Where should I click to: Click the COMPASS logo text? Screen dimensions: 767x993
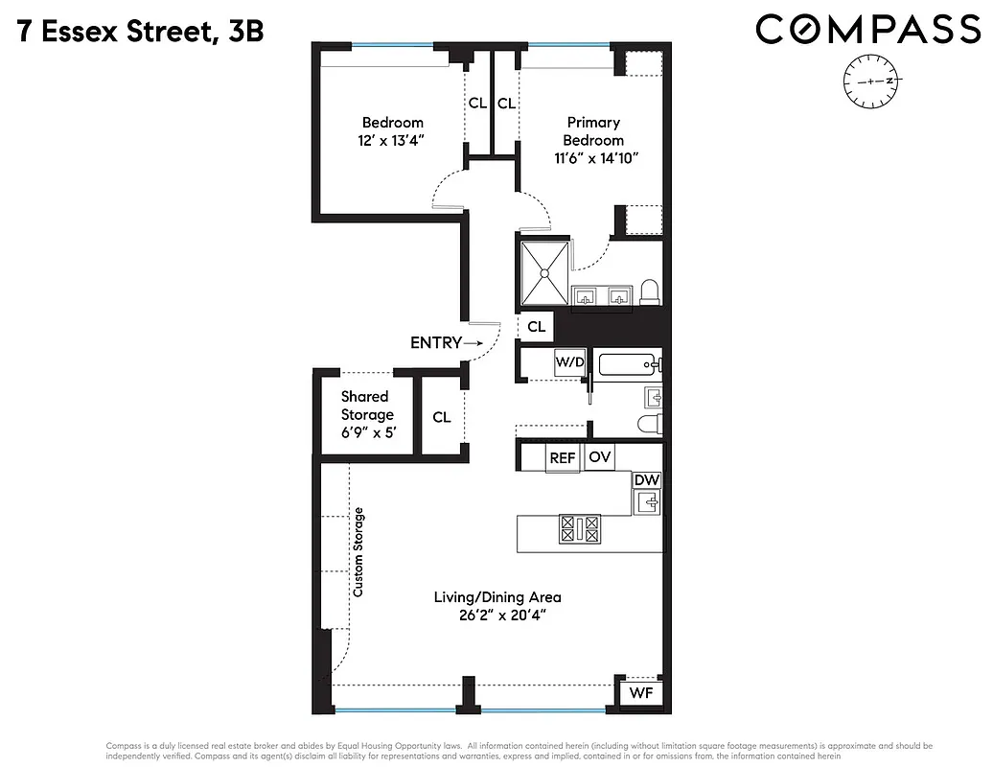pyautogui.click(x=867, y=30)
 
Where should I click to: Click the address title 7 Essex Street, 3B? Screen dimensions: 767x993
pyautogui.click(x=140, y=32)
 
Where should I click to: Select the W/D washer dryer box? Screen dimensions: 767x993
pyautogui.click(x=569, y=363)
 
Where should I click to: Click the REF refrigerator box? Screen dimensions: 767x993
pyautogui.click(x=563, y=458)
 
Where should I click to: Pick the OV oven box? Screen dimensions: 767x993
pyautogui.click(x=600, y=457)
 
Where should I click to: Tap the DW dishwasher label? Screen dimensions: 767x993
pyautogui.click(x=647, y=479)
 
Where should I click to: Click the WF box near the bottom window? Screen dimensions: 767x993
pyautogui.click(x=639, y=693)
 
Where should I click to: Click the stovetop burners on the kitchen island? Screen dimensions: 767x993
pyautogui.click(x=579, y=527)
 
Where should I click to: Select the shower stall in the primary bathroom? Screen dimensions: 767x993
pyautogui.click(x=544, y=273)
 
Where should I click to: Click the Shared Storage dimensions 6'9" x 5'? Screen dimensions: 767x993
pyautogui.click(x=366, y=432)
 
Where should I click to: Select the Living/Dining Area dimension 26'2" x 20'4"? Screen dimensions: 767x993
pyautogui.click(x=497, y=616)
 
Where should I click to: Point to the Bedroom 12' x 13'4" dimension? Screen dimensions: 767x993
pyautogui.click(x=392, y=141)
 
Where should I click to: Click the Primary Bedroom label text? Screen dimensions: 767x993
pyautogui.click(x=593, y=131)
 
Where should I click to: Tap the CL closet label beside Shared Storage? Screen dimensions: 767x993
pyautogui.click(x=442, y=417)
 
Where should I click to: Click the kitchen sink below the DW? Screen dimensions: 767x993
pyautogui.click(x=649, y=501)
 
